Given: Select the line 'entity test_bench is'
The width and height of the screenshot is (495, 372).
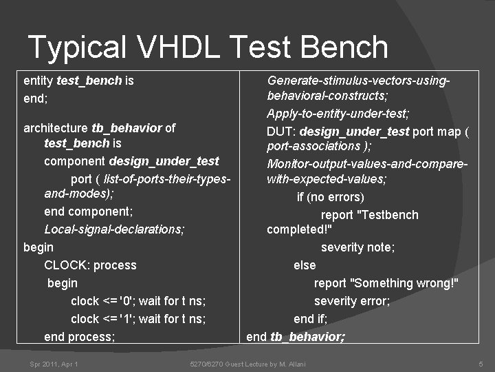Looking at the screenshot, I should pos(78,81).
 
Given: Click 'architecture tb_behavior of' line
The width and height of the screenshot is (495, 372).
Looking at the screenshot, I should pos(99,127).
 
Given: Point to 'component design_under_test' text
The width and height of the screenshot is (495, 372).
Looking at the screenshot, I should pos(131,161).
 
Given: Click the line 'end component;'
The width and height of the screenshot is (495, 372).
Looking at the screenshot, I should pos(88,211).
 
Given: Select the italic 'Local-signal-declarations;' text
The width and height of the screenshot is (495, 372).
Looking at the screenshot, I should pos(114,229).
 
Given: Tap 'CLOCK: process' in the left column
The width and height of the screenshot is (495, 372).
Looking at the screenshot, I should pos(90,265).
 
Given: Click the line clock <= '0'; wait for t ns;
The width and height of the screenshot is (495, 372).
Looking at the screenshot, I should pos(138,301).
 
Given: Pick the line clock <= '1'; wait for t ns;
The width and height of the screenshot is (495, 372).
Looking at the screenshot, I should pos(138,319).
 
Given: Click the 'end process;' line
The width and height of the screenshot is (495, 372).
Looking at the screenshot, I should pos(79,337).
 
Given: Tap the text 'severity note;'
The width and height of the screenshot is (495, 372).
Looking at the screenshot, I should pos(357,247).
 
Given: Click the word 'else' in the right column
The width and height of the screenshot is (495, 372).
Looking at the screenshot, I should pos(305,265).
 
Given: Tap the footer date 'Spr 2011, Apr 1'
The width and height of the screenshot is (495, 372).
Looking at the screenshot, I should pos(54,364).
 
